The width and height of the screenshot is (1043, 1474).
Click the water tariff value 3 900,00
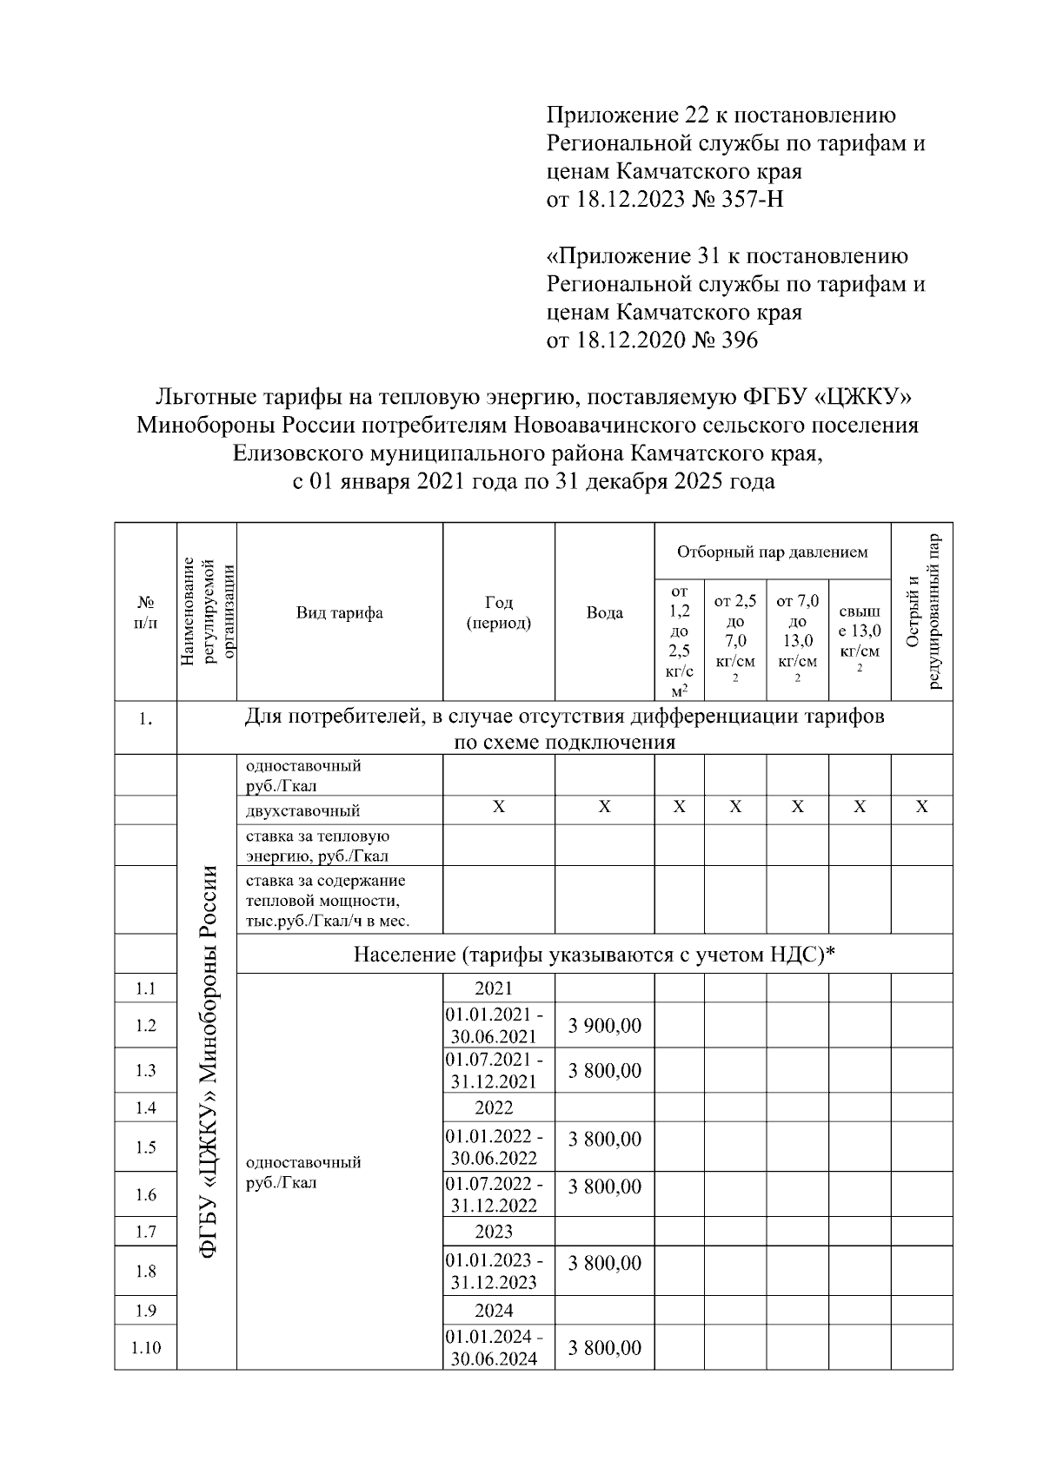click(x=604, y=1026)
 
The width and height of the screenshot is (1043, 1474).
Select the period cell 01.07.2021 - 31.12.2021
click(x=494, y=1070)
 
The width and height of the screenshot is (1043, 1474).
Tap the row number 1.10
click(x=145, y=1348)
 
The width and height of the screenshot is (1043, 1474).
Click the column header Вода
click(x=604, y=612)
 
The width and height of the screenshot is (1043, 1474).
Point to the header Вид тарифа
click(x=339, y=612)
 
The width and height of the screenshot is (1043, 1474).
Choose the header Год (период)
click(x=498, y=612)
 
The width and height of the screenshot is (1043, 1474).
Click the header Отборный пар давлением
click(x=772, y=552)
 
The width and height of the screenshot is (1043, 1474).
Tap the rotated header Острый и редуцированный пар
click(x=921, y=612)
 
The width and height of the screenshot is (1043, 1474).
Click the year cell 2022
click(x=494, y=1107)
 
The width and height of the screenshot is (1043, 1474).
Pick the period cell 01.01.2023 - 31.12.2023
click(x=494, y=1272)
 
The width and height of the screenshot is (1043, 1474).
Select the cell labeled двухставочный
click(x=302, y=811)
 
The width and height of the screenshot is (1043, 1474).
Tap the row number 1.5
click(x=145, y=1147)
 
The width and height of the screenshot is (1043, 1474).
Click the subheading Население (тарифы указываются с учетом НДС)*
click(x=594, y=955)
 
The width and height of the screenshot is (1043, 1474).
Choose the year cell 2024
click(x=494, y=1310)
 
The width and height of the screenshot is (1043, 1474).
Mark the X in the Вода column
click(x=604, y=808)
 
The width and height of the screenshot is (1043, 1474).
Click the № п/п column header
click(x=145, y=612)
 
